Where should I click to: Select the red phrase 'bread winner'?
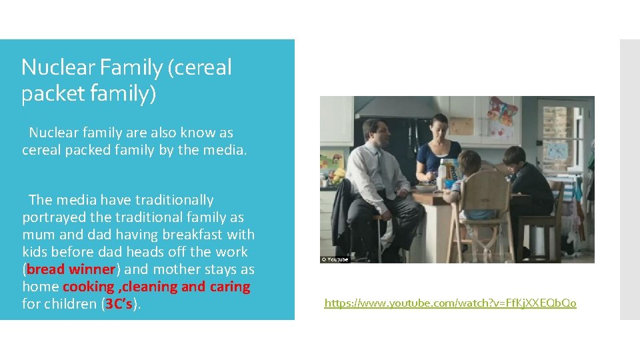(x=71, y=269)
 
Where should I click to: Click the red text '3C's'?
(x=119, y=304)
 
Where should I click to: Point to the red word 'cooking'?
(x=89, y=287)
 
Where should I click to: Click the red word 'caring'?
(x=229, y=287)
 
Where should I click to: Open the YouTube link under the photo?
(x=450, y=303)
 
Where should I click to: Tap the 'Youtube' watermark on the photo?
(x=335, y=259)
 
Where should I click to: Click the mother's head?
(x=439, y=126)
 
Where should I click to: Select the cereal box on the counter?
(x=451, y=172)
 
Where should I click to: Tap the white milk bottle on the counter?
(x=441, y=175)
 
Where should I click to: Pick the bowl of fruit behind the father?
(x=339, y=176)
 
